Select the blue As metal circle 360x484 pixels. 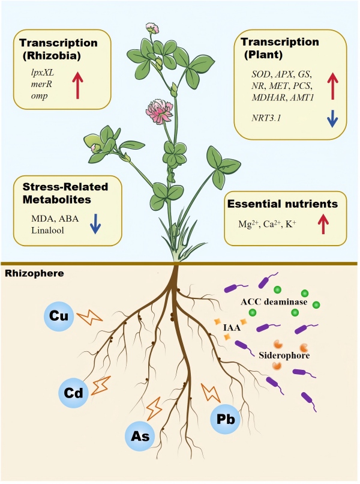click(140, 434)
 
